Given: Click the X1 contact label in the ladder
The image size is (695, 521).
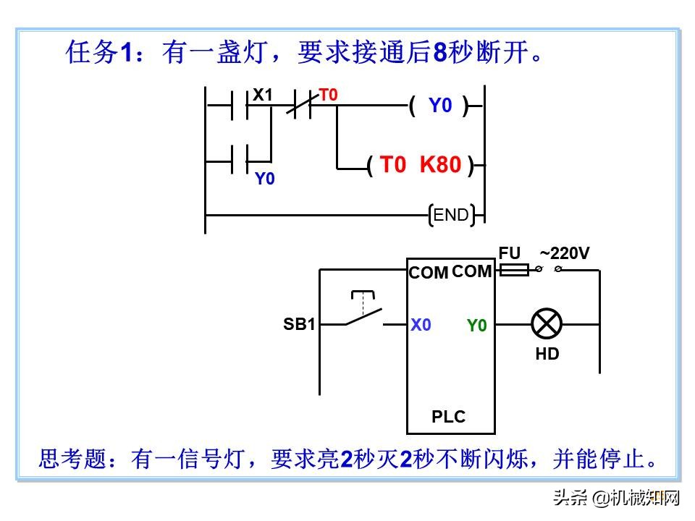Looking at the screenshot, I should click(262, 95).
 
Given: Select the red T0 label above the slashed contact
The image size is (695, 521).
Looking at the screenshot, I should click(329, 95).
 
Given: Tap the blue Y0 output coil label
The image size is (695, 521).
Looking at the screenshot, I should click(439, 106).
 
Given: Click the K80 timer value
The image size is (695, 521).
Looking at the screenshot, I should click(440, 165).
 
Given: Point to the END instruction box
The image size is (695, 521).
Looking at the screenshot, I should click(451, 214).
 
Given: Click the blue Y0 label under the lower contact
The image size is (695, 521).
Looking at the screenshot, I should click(265, 179).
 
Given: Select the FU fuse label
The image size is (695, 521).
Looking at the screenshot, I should click(510, 253).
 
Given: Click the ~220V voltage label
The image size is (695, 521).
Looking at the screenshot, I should click(565, 253).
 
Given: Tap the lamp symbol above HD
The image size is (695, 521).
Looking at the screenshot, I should click(547, 323).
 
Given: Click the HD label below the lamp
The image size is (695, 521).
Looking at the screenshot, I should click(547, 354).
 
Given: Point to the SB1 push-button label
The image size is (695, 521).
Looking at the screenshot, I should click(299, 324).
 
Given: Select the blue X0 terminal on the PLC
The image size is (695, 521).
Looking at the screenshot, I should click(421, 325).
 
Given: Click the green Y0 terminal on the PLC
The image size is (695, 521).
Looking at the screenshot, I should click(476, 326).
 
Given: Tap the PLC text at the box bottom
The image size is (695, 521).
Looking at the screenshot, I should click(449, 417).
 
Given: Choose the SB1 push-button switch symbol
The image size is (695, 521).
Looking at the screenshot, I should click(363, 313).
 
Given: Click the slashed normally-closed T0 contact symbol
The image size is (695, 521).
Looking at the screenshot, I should click(305, 106).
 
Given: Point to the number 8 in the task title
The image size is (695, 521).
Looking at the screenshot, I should click(441, 52).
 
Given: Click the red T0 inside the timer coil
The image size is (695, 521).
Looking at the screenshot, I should click(393, 165).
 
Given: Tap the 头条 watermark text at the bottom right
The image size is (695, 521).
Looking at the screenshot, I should click(570, 498).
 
